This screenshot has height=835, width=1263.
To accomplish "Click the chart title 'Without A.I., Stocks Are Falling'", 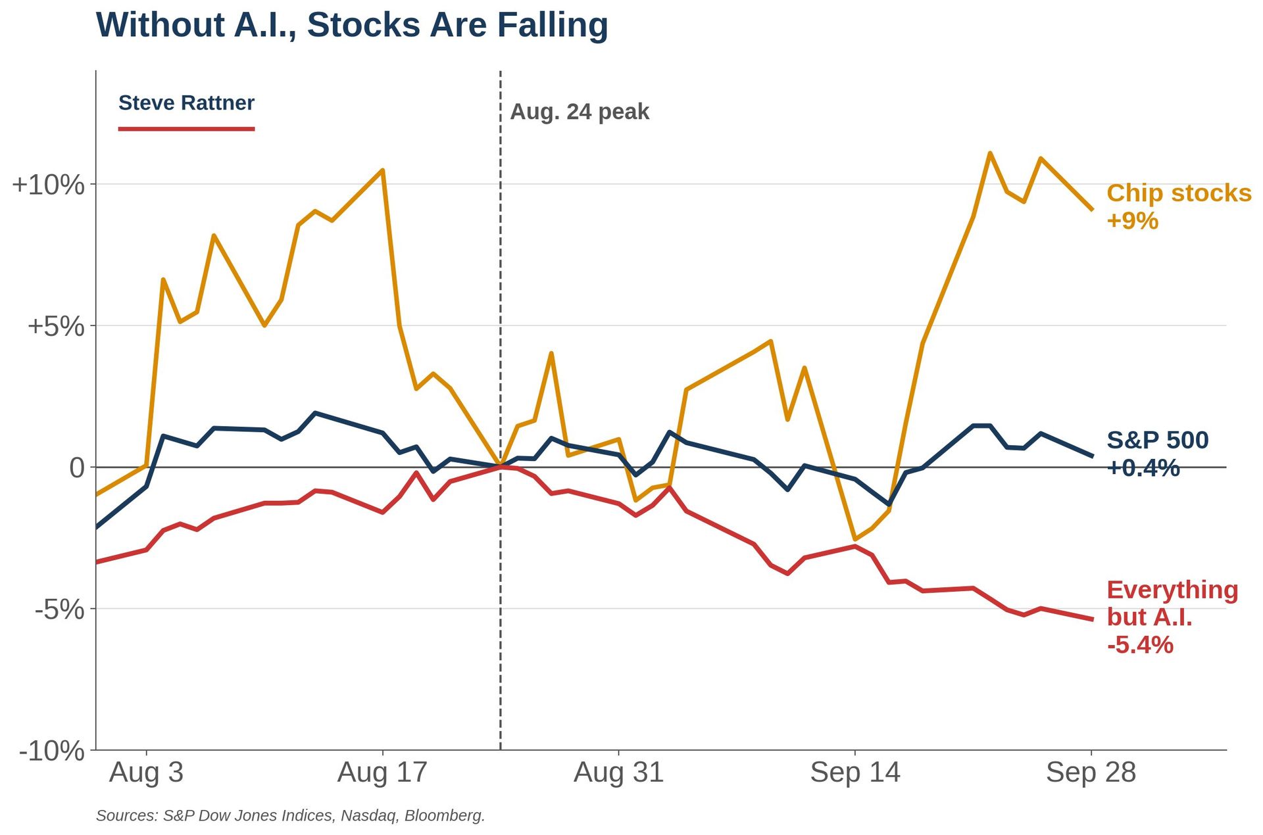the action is click(x=352, y=26).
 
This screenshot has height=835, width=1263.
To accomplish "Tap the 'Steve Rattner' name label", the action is click(x=186, y=103).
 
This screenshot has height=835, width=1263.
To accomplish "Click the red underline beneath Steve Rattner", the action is click(x=186, y=129).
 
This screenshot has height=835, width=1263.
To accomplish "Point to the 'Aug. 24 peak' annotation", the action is click(x=580, y=112).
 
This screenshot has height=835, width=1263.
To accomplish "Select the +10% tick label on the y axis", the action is click(x=49, y=185).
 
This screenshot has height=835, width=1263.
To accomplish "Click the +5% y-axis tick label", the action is click(x=56, y=326).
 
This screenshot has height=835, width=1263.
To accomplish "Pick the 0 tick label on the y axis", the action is click(x=78, y=467).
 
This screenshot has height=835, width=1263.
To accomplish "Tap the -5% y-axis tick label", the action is click(x=60, y=609).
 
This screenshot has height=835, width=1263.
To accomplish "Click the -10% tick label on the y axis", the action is click(x=53, y=751).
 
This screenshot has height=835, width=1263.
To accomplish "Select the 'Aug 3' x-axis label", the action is click(x=146, y=772).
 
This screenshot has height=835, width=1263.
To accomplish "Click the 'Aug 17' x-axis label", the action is click(x=382, y=772).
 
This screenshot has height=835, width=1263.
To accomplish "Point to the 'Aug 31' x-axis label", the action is click(x=618, y=772).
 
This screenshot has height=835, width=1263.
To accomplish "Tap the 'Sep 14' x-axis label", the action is click(x=855, y=772).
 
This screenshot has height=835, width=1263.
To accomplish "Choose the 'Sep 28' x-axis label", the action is click(x=1091, y=772).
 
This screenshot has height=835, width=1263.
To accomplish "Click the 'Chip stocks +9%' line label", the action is click(x=1179, y=206).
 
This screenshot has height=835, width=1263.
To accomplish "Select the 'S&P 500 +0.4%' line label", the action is click(x=1158, y=454).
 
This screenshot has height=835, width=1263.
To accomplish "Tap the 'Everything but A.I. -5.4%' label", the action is click(x=1172, y=617).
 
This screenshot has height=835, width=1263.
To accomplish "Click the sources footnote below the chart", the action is click(x=290, y=815).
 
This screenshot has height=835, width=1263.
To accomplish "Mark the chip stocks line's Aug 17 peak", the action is click(x=383, y=170).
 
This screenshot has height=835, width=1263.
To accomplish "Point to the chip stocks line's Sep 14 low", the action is click(x=855, y=539).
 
